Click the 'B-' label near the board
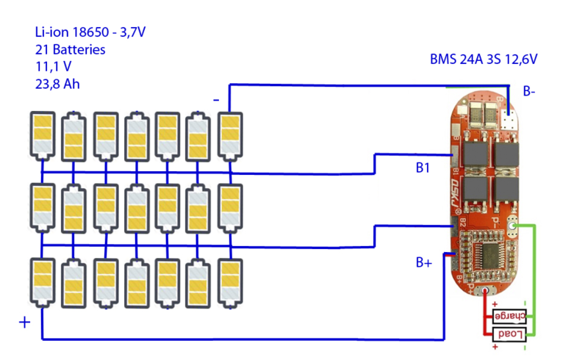click(x=529, y=92)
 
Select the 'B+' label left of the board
click(x=423, y=262)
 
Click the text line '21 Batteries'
click(x=70, y=50)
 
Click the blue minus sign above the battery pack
click(x=215, y=98)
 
